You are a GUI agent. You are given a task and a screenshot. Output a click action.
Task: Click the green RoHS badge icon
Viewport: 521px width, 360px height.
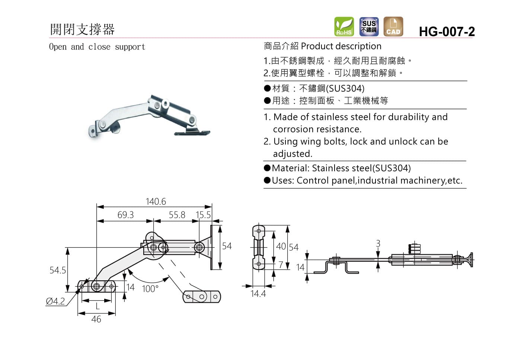[x=344, y=26]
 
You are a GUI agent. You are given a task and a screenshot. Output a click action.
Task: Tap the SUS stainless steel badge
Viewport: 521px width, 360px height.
[x=369, y=26]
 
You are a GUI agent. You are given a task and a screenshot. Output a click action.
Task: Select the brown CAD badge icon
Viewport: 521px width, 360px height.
[x=393, y=26]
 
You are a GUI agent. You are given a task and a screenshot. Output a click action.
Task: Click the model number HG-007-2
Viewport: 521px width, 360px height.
[x=447, y=32]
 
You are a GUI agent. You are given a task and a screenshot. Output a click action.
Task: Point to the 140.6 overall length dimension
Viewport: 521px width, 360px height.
[x=156, y=201]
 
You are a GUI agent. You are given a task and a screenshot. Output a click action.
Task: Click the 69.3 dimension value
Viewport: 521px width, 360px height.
[x=125, y=215]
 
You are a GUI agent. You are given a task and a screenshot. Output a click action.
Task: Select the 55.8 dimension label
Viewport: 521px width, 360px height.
[x=177, y=215]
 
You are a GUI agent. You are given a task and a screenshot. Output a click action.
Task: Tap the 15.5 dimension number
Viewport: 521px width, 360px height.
[x=203, y=215]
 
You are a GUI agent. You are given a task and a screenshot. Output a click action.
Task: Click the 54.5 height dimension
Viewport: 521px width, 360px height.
[x=57, y=270]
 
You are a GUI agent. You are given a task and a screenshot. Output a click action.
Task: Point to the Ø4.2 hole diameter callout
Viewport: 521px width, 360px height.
[x=55, y=301]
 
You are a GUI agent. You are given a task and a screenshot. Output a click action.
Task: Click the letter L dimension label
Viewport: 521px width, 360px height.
[x=98, y=306]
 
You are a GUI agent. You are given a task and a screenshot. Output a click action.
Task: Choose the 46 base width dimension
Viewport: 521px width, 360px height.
[x=96, y=319]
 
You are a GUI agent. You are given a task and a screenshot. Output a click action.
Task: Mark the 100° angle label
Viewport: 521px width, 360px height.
[x=150, y=289]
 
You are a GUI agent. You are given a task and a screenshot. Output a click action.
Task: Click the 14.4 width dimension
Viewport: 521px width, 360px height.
[x=258, y=294]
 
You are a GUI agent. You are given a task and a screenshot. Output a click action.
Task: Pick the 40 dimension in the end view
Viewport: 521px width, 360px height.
[x=281, y=246]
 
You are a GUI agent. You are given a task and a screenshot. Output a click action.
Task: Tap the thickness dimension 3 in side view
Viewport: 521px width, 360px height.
[x=378, y=243]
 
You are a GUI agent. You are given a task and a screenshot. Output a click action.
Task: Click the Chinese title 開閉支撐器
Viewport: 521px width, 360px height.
[x=82, y=29]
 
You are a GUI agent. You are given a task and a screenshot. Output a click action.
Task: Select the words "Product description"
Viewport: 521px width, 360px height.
[x=341, y=46]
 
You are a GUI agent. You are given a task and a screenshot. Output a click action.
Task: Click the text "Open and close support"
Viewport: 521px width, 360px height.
[x=97, y=47]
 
